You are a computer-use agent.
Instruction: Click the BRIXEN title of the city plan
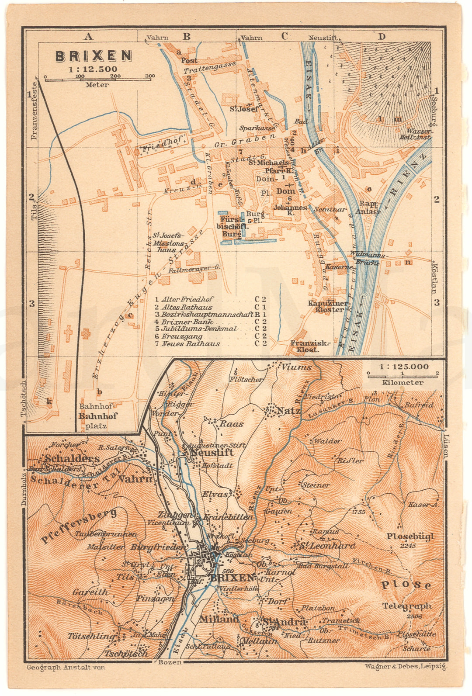click(x=94, y=56)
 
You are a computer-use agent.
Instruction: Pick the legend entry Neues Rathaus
click(x=191, y=344)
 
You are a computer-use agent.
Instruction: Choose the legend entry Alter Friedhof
click(x=187, y=299)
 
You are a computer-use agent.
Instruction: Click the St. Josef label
click(x=244, y=109)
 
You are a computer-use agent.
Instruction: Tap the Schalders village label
click(x=72, y=458)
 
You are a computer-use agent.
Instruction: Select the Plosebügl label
click(x=409, y=537)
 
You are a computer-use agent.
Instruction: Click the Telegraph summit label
click(x=406, y=606)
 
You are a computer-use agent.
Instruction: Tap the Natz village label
click(x=288, y=411)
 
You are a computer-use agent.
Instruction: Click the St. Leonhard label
click(x=327, y=545)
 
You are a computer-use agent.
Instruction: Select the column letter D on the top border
click(x=382, y=36)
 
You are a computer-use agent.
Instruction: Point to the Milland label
click(x=219, y=619)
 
